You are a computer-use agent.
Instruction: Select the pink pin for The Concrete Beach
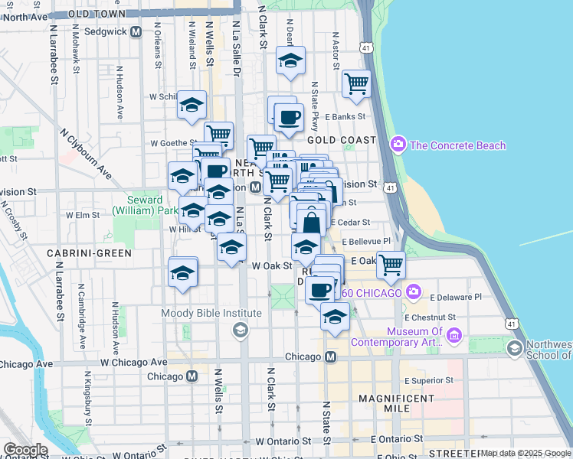[398, 144]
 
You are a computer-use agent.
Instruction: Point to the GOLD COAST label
[342, 140]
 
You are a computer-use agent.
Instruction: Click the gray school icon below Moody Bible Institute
[241, 329]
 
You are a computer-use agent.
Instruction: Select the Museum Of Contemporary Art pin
[454, 335]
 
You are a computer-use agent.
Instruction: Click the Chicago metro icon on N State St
[331, 357]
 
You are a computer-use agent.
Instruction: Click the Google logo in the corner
[25, 450]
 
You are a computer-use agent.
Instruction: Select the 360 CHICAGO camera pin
[414, 291]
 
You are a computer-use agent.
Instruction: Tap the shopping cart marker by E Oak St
[391, 265]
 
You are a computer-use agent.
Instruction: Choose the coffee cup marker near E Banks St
[289, 118]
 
